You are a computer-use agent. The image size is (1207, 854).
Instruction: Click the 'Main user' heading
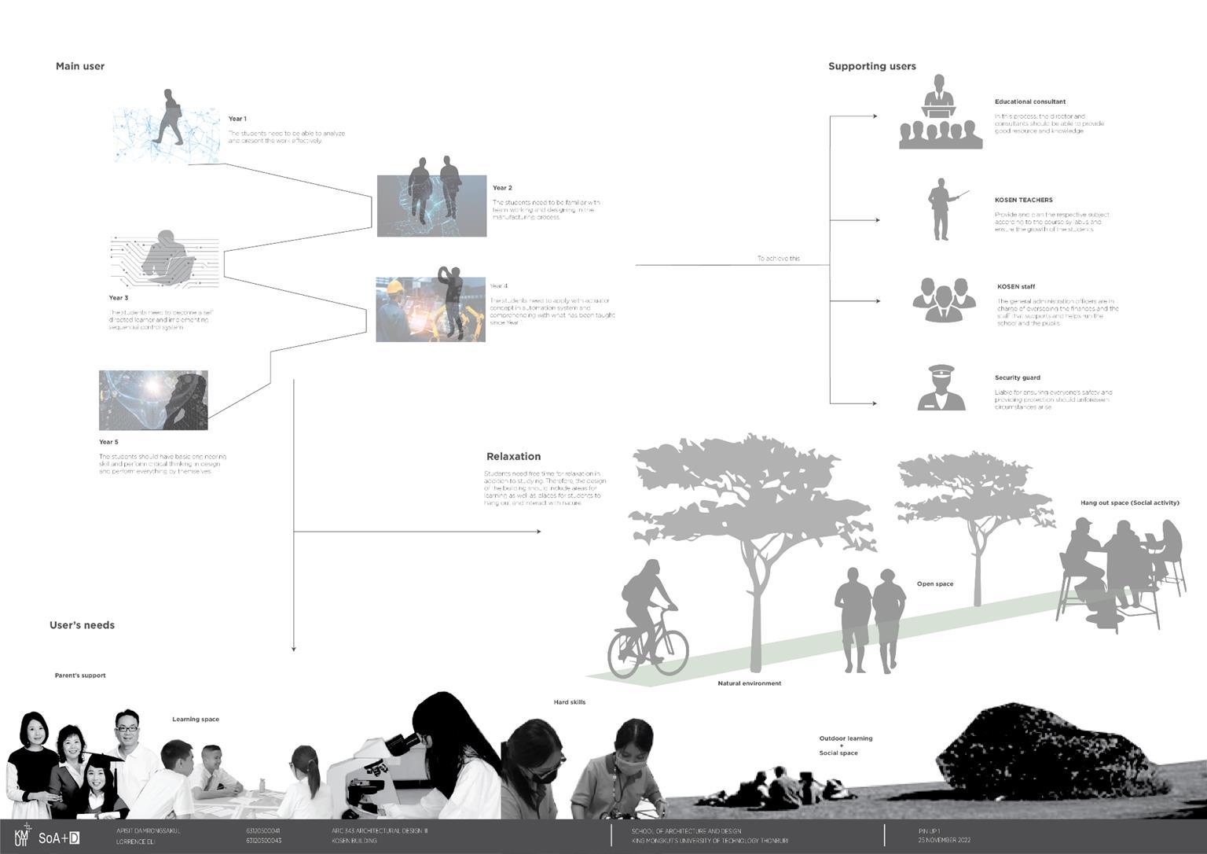[x=80, y=67]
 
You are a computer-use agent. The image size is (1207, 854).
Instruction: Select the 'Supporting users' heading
[x=871, y=67]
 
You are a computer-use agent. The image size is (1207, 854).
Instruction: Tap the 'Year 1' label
[x=237, y=119]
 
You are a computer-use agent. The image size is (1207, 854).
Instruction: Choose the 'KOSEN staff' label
[x=1015, y=287]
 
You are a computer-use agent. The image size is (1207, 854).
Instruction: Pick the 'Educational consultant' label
[x=1029, y=102]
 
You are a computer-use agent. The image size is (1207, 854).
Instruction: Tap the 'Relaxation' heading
[x=513, y=457]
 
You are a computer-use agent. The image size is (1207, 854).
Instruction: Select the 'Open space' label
[x=934, y=584]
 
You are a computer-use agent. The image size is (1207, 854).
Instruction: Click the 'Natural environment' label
[x=749, y=683]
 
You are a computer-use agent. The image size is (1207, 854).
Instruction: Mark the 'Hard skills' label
[x=569, y=702]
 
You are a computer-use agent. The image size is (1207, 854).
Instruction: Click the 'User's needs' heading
[x=82, y=626]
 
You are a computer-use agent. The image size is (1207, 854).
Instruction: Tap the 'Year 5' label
[x=108, y=443]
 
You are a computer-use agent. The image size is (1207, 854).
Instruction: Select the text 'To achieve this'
[x=778, y=259]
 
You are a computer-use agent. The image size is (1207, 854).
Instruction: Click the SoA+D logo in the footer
[x=59, y=838]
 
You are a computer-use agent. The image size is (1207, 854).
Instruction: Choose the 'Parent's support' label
[x=80, y=675]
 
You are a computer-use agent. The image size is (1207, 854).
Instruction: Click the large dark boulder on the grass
[x=1045, y=755]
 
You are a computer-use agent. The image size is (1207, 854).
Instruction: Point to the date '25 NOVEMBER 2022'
[x=944, y=841]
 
